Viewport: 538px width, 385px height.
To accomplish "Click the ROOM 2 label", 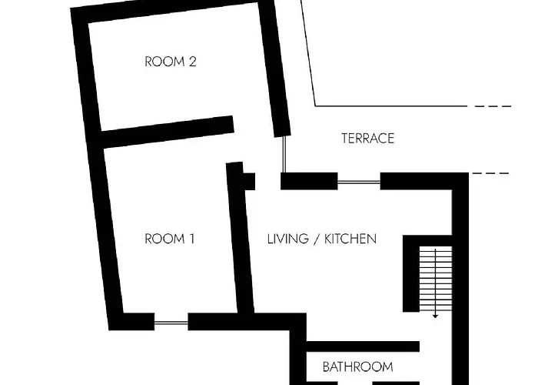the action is click(x=171, y=62).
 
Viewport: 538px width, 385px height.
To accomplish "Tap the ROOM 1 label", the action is click(x=170, y=239).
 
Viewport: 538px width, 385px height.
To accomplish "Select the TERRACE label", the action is click(x=368, y=138).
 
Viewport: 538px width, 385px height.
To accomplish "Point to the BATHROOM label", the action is click(x=358, y=367).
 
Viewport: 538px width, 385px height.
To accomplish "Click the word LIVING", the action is click(x=288, y=239).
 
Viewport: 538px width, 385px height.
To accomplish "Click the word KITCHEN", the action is click(x=350, y=239).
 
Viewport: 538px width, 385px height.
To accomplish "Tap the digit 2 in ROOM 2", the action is click(x=192, y=62).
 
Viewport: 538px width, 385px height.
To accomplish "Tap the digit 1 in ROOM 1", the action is click(x=192, y=239).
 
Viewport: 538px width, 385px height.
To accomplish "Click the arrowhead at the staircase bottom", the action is click(x=435, y=316).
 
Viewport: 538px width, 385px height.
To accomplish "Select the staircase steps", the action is click(x=436, y=279).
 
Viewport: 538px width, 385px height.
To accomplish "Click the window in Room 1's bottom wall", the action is click(x=171, y=323).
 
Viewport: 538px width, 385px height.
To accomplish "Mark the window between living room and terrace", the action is click(x=359, y=182).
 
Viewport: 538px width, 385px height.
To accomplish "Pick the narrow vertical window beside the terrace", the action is click(x=284, y=154).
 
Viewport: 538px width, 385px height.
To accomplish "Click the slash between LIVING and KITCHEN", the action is click(x=317, y=239).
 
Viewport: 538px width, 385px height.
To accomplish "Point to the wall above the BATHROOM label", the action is click(x=362, y=346).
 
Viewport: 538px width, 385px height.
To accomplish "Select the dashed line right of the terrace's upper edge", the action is click(x=493, y=106).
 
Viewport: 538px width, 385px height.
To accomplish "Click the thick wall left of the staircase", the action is click(x=411, y=273).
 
